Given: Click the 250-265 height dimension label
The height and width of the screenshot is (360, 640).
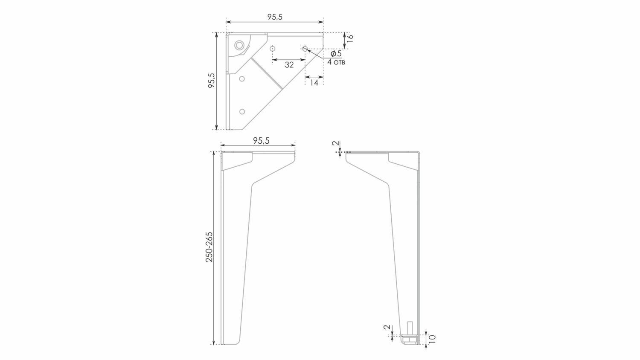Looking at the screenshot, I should [209, 247].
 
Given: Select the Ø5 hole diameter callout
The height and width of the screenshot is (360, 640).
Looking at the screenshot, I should [336, 54].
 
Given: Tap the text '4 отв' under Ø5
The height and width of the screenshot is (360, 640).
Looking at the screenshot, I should [336, 63].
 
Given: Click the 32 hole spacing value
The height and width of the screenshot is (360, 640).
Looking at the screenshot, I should [289, 65].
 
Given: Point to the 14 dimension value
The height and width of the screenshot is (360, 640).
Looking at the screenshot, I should [314, 83].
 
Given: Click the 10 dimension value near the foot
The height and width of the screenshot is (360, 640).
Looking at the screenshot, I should [432, 339].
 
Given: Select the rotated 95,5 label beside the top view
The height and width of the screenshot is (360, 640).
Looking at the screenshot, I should [211, 81].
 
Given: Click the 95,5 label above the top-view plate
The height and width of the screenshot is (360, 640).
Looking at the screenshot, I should [275, 17].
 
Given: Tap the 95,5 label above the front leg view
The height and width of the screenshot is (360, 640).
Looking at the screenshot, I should [261, 141].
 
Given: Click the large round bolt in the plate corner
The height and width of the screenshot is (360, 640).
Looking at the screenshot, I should [239, 45].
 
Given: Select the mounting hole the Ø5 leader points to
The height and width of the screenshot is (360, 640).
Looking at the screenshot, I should [304, 48].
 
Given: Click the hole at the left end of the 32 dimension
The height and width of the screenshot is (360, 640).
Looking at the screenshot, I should [272, 49].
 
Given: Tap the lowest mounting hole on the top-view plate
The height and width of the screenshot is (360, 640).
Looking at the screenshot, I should [242, 112].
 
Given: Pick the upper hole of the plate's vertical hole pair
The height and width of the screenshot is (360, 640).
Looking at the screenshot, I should [242, 79].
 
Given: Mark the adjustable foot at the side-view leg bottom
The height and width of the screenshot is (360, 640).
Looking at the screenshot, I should [408, 339].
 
